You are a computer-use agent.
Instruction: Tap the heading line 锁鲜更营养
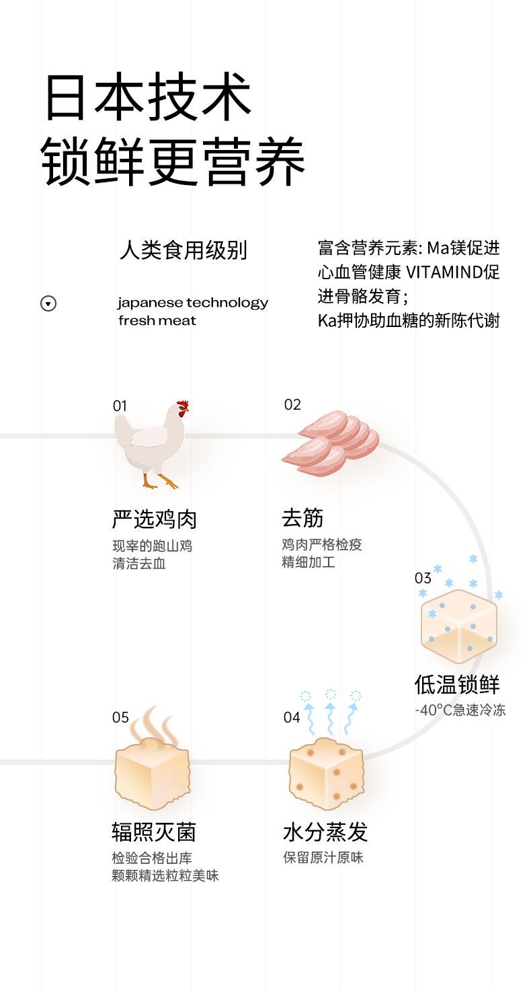[x=173, y=162]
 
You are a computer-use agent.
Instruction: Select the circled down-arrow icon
[x=48, y=303]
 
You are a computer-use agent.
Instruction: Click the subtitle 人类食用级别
[x=183, y=250]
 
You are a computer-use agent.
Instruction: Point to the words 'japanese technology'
[x=192, y=303]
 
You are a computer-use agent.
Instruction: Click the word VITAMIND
[x=443, y=272]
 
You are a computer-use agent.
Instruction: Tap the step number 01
[x=120, y=406]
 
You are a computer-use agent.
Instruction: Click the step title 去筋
[x=302, y=518]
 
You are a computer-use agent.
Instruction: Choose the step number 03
[x=423, y=578]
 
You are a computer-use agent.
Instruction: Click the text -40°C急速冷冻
[x=460, y=710]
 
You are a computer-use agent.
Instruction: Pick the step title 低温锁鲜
[x=457, y=685]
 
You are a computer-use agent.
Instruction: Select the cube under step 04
[x=326, y=774]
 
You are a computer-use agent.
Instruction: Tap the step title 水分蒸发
[x=325, y=832]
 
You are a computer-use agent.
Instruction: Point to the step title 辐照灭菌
[x=154, y=832]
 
